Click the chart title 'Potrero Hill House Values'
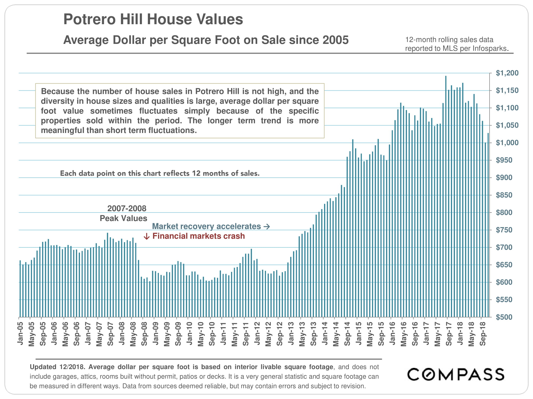153,19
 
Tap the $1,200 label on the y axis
507,73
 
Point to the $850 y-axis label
504,195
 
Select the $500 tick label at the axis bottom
504,317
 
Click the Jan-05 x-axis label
20,334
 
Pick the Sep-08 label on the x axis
144,334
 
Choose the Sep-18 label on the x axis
483,334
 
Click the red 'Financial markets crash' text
199,236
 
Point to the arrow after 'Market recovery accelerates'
267,227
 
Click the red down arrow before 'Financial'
146,236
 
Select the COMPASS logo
456,375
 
